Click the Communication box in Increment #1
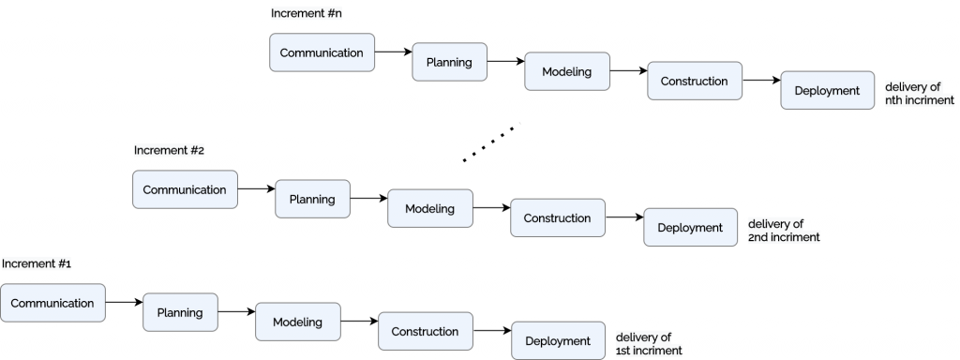[52, 303]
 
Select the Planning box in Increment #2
[312, 199]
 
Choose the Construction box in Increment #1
[425, 331]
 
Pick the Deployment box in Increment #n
[827, 91]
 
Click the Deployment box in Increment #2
[690, 228]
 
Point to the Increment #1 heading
[37, 263]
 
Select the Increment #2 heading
[169, 150]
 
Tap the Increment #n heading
[304, 13]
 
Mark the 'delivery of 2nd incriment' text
[784, 231]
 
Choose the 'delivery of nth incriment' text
[919, 94]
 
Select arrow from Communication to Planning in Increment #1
[124, 303]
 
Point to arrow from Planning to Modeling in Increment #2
[368, 199]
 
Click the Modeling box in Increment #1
[298, 322]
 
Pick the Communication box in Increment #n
[322, 52]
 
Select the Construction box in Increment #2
[557, 217]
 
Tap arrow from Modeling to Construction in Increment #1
[359, 322]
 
